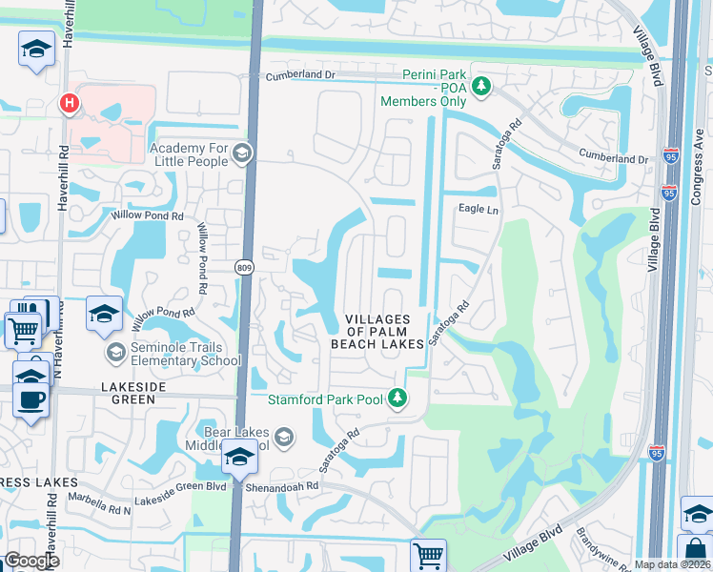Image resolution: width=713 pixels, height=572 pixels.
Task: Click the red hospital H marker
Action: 68,103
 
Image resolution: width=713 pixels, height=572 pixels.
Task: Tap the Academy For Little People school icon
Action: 242,153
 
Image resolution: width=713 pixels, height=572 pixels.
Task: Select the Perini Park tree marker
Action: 482,87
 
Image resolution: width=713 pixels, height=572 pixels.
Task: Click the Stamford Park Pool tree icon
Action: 398,399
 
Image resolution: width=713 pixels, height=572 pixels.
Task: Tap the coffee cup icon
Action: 31,399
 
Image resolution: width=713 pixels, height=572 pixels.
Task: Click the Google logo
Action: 31,561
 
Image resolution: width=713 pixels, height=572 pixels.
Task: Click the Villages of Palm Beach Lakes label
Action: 377,331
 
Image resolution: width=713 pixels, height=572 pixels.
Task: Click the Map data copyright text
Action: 672,564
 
